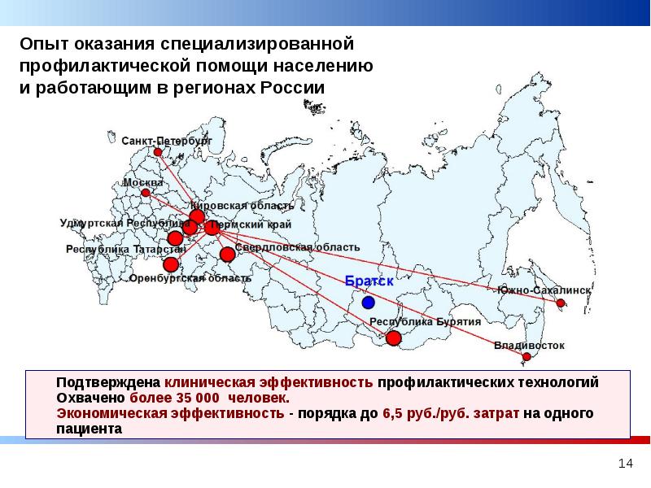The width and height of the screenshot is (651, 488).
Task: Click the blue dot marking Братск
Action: [369, 303]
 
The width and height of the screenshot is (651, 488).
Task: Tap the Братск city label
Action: [369, 281]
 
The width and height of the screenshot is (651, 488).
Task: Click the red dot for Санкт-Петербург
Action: [158, 152]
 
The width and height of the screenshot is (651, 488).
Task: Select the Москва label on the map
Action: [143, 182]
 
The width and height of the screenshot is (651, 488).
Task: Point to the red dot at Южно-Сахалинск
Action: [561, 303]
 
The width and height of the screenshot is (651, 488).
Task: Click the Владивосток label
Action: [529, 345]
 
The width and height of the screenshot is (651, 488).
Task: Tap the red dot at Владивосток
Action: [527, 357]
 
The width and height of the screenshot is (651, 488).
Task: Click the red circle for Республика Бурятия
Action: [393, 338]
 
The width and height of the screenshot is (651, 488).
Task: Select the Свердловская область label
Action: [297, 246]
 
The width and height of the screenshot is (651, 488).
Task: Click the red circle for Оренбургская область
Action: [171, 264]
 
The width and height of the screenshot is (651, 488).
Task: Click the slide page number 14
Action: [625, 463]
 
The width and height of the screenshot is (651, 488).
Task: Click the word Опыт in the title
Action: [43, 42]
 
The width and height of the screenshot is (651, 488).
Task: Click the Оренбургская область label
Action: [190, 278]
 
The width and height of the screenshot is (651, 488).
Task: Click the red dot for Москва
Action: [146, 194]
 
